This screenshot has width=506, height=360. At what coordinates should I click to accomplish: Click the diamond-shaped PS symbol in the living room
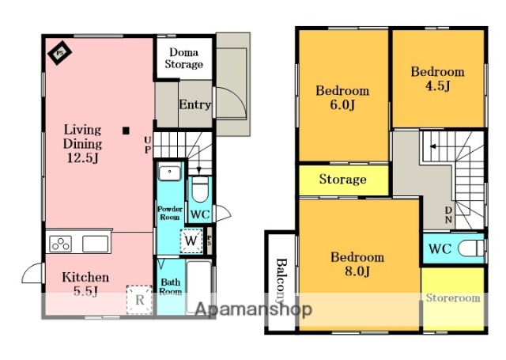[60, 53]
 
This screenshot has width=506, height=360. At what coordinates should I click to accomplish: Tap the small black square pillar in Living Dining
[126, 131]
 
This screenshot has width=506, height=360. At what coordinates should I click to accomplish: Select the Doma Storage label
[184, 58]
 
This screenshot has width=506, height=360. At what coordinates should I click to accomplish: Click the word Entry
[195, 104]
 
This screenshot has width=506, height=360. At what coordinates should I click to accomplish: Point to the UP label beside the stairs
[148, 145]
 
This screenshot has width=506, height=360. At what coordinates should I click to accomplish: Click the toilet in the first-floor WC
[200, 190]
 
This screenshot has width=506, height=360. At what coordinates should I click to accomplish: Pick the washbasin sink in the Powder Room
[169, 173]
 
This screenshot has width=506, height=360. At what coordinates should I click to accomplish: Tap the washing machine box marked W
[191, 241]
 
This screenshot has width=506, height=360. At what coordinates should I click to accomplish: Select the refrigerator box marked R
[139, 300]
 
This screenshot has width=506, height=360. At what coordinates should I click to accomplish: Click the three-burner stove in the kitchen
[61, 244]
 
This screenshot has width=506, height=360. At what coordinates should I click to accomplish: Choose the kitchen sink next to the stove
[95, 244]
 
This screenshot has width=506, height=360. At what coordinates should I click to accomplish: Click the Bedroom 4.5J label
[437, 79]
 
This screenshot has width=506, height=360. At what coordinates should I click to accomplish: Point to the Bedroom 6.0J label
[342, 97]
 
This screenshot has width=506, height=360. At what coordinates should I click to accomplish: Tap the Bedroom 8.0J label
[357, 264]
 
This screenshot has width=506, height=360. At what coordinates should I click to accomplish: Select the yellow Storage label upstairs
[342, 179]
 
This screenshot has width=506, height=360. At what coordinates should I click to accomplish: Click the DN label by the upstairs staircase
[448, 214]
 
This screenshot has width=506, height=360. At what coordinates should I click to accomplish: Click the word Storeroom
[453, 297]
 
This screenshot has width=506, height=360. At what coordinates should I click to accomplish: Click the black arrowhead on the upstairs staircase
[433, 146]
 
